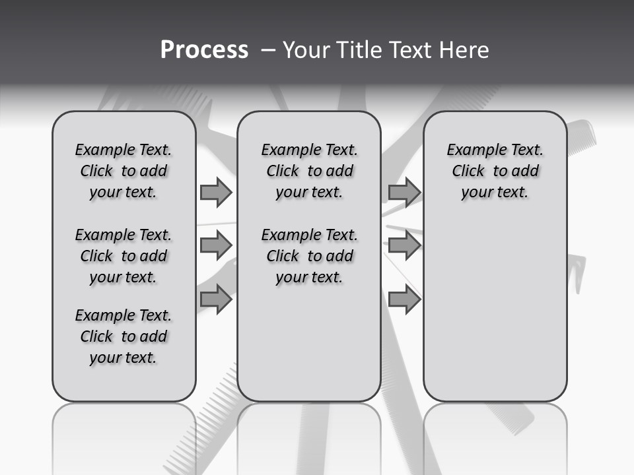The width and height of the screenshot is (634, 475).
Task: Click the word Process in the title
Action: (x=204, y=50)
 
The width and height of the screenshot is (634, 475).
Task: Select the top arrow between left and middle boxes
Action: (x=216, y=192)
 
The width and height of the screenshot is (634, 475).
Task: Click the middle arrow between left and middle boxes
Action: (x=216, y=245)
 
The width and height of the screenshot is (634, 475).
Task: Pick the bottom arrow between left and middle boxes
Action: (x=216, y=300)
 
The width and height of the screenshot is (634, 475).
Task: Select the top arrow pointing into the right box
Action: (x=404, y=192)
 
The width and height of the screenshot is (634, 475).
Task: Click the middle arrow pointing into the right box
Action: (x=404, y=245)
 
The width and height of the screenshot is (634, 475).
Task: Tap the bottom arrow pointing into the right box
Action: (x=404, y=300)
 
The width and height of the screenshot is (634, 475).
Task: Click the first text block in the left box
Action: (x=123, y=171)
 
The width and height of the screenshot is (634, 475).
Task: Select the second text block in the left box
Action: (x=123, y=256)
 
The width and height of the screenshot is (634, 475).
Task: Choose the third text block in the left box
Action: (x=123, y=336)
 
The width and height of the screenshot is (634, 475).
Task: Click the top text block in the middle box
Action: (x=309, y=171)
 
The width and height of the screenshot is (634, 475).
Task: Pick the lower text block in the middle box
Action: (x=309, y=256)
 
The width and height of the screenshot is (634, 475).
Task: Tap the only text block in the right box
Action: (x=495, y=171)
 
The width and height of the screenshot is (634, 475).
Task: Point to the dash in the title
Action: (x=269, y=50)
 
